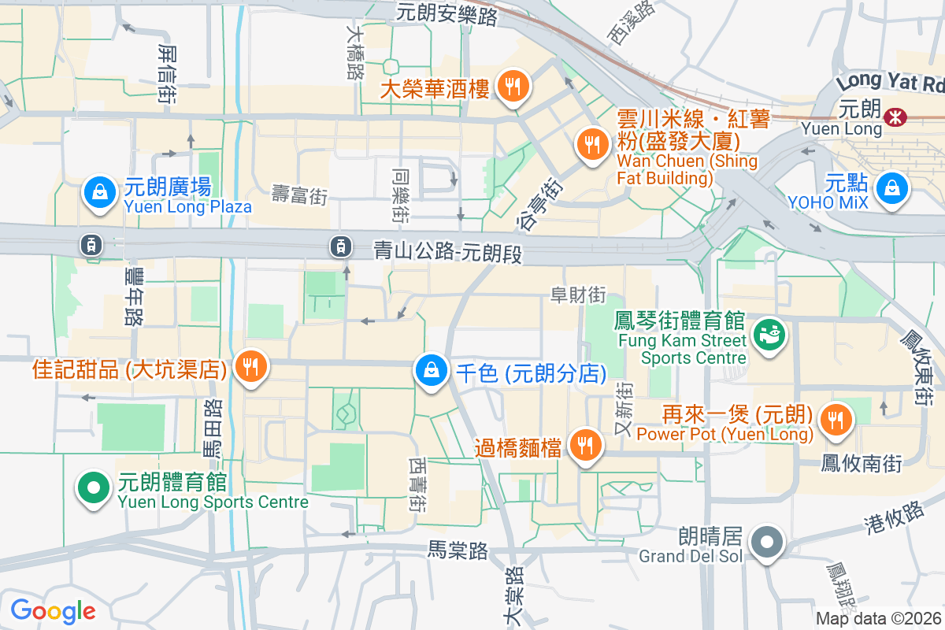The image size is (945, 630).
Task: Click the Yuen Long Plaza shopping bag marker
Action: [100, 191]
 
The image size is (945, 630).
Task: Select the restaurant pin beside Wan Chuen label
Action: [591, 143]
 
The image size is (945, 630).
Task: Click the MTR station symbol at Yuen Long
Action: [894, 117]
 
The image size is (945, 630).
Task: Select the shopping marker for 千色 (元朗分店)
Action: [431, 370]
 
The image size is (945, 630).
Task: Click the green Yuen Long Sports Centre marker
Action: [94, 487]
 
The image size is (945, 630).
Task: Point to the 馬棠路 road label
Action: [458, 548]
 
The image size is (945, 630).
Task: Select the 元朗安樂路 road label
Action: [447, 13]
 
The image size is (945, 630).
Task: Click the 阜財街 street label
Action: [578, 295]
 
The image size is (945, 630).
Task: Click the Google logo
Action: [53, 610]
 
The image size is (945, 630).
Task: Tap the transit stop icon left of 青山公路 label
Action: [340, 246]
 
